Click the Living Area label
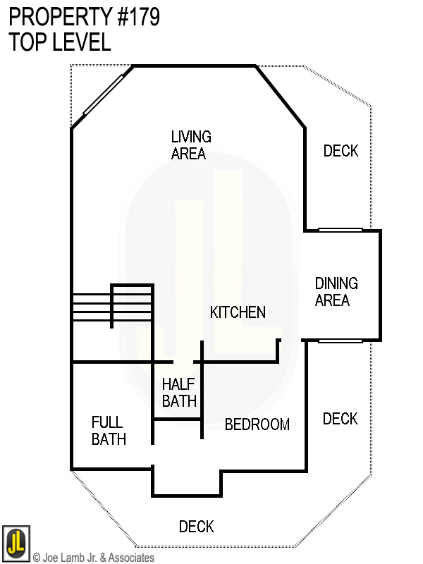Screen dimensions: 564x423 tap(191, 145)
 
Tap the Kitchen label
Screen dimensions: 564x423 tap(238, 312)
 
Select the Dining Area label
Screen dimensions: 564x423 tap(336, 292)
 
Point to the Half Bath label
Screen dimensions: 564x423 tap(179, 393)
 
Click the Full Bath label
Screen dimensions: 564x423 tap(109, 430)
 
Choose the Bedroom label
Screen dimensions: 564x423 tap(257, 424)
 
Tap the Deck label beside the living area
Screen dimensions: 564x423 tap(341, 151)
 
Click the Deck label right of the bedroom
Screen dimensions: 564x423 tap(340, 419)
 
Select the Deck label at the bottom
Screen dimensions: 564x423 tap(196, 527)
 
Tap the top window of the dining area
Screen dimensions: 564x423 tap(340, 230)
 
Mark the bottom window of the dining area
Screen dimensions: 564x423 tap(340, 341)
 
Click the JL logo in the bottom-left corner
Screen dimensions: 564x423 tap(15, 541)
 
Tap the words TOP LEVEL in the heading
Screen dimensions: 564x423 tap(60, 42)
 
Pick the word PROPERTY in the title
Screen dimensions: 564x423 tap(54, 18)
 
